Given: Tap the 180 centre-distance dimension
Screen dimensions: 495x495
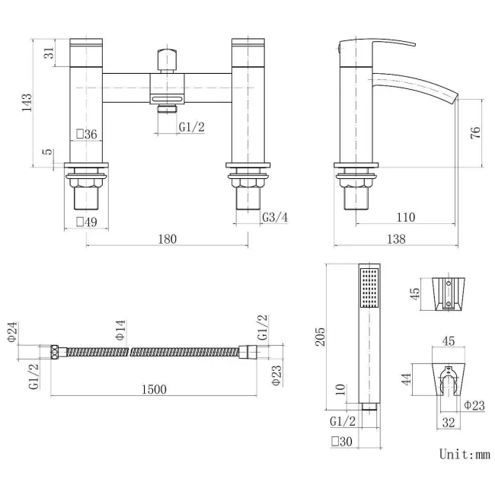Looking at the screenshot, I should (167, 239).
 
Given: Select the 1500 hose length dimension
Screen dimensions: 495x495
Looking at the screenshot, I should (153, 389).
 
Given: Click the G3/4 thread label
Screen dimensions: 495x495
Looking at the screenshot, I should (275, 218).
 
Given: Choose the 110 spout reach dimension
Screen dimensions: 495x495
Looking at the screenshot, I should (405, 218).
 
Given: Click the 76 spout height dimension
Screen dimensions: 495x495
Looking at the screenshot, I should (474, 133).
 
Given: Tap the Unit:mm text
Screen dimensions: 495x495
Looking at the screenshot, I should (465, 454).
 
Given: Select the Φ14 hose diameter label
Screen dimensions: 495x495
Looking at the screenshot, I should (120, 329).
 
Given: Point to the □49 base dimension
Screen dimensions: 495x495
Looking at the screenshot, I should (86, 222).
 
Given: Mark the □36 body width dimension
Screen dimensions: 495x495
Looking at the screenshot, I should (86, 135).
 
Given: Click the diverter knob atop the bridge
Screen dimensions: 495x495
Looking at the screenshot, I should (167, 60).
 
